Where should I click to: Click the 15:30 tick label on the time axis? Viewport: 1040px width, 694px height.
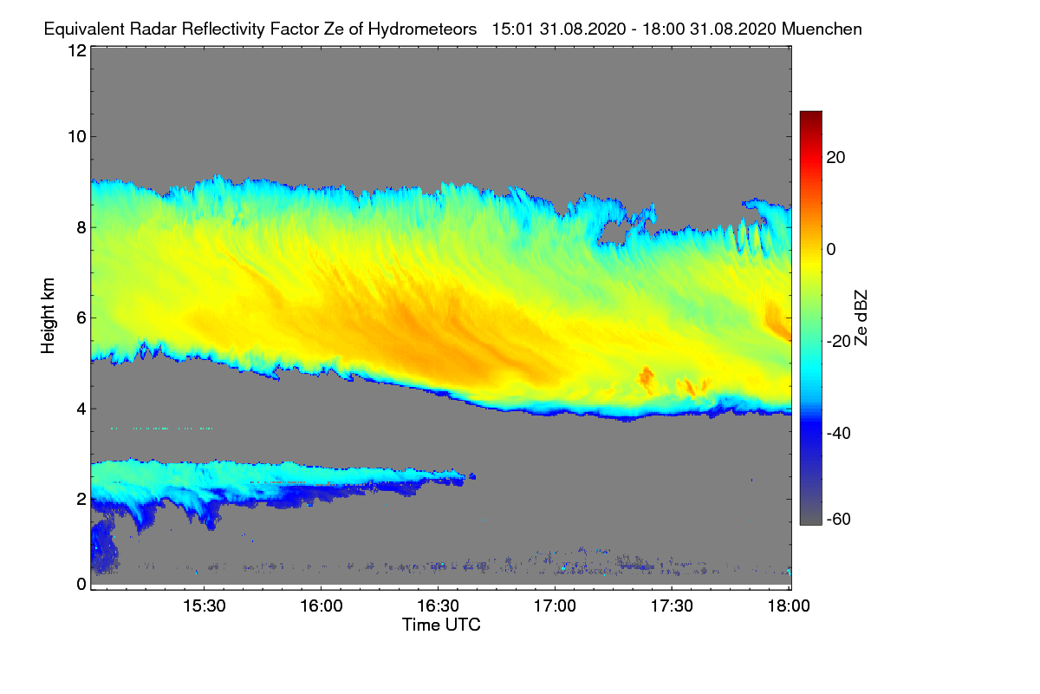coord(204,606)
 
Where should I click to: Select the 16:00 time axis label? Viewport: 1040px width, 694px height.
coord(321,606)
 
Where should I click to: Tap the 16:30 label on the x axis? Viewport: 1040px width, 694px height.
coord(438,606)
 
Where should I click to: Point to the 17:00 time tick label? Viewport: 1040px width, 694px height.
coord(555,606)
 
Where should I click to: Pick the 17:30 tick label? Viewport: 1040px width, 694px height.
coord(672,606)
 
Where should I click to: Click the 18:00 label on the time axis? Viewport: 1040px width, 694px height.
coord(788,606)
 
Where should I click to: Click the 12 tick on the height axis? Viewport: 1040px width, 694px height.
coord(76,50)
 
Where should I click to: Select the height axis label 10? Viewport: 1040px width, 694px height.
coord(76,136)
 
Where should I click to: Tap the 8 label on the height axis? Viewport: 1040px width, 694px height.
coord(81,227)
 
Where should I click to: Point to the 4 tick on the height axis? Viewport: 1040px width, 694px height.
coord(81,409)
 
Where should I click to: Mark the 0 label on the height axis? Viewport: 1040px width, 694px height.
coord(81,584)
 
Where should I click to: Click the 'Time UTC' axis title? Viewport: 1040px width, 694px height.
coord(441,625)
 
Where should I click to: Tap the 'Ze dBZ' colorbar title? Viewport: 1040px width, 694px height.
coord(861,318)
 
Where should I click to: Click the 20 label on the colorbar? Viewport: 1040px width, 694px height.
coord(836,157)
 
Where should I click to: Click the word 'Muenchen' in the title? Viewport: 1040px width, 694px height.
coord(822,29)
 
